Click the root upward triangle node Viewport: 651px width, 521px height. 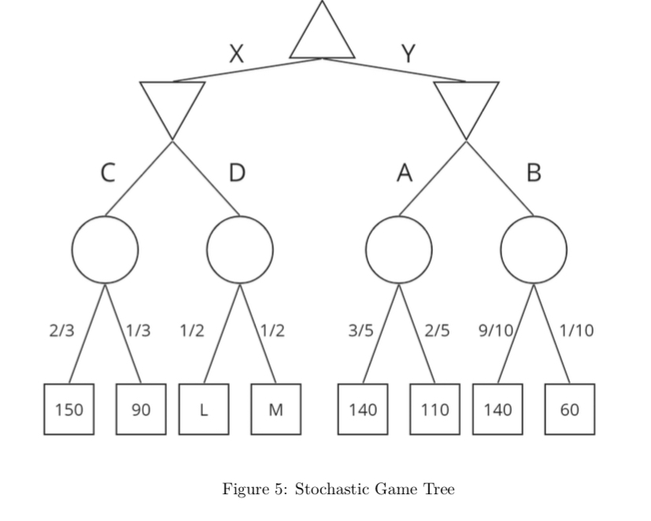323,35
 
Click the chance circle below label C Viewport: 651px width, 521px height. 105,250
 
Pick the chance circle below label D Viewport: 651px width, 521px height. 240,250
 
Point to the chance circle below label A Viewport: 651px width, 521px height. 398,250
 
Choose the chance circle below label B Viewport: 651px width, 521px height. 534,250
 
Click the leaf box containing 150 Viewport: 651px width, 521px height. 69,409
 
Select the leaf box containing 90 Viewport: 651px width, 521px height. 141,409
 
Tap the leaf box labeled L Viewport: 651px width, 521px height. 204,409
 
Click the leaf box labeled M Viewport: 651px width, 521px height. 276,409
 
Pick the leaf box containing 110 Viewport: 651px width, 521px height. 435,409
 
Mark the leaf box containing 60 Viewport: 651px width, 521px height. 570,409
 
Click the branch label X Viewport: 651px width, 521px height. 236,54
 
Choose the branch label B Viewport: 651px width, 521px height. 534,172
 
